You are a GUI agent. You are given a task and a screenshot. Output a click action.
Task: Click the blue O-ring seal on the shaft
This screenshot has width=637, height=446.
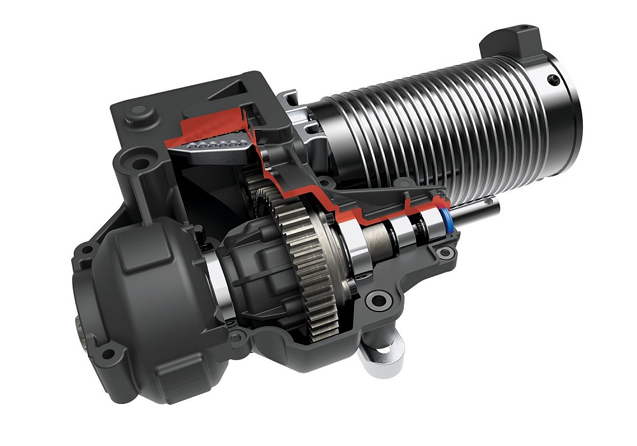[x=447, y=220]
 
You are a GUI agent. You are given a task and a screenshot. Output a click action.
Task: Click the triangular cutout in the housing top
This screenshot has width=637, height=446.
[x=236, y=90]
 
